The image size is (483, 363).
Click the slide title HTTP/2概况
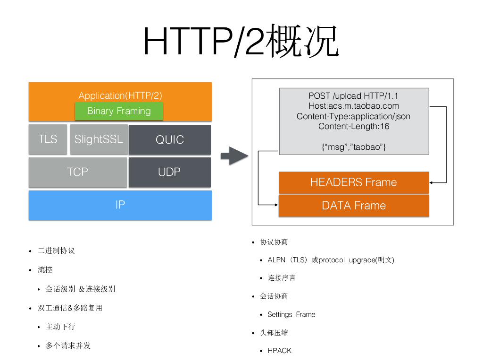[x=241, y=42]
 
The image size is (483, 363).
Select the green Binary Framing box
[x=119, y=111]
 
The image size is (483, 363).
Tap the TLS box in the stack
[x=48, y=139]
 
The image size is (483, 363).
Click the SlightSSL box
[x=99, y=139]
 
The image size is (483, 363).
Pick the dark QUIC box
[x=169, y=140]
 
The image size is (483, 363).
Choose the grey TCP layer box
[x=77, y=172]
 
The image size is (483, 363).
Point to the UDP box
[x=169, y=172]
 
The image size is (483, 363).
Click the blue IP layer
[x=120, y=205]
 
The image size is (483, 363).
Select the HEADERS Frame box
[x=353, y=182]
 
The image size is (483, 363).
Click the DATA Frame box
[x=353, y=206]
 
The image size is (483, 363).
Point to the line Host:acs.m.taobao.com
[x=354, y=106]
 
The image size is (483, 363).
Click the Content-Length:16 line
[x=354, y=126]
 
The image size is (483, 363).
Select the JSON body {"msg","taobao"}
[x=354, y=147]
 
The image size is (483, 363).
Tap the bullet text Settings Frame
[x=291, y=314]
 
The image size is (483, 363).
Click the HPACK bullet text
[x=279, y=351]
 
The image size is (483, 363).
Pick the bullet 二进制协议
[x=56, y=251]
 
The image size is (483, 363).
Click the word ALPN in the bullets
[x=276, y=260]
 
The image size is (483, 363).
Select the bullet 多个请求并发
[x=68, y=346]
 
